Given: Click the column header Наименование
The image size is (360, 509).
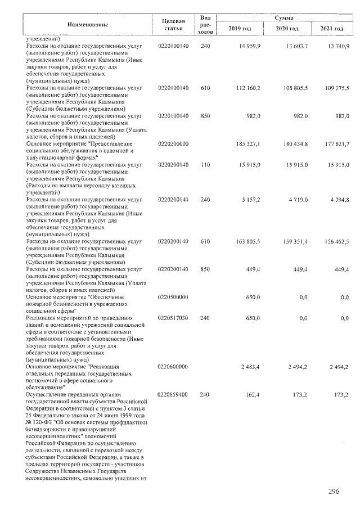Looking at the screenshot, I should [x=87, y=25].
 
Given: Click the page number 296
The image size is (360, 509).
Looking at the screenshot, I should [x=334, y=492].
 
